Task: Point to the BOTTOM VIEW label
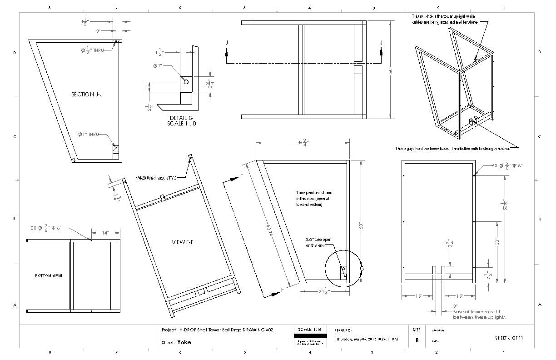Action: [x=48, y=276]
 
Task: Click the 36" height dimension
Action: [x=389, y=70]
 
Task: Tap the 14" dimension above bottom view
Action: [x=105, y=232]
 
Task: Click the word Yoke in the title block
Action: [x=184, y=342]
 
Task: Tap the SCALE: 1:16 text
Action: [x=310, y=329]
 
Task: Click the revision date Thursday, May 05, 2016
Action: [x=367, y=339]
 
